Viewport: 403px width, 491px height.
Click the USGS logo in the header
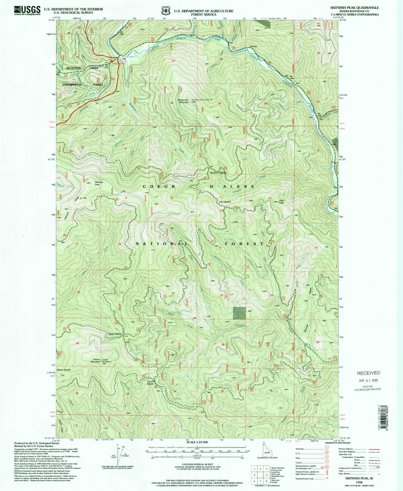(x=27, y=10)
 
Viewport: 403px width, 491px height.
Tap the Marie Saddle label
(x=115, y=334)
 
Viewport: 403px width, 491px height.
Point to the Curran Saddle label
(x=150, y=383)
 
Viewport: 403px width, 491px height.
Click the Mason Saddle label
(x=64, y=370)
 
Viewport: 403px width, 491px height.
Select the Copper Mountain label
(x=96, y=360)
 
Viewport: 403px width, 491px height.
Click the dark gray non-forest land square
(x=239, y=313)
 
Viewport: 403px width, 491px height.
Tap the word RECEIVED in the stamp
(x=368, y=373)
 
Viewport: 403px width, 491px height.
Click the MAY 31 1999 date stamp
(x=368, y=380)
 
